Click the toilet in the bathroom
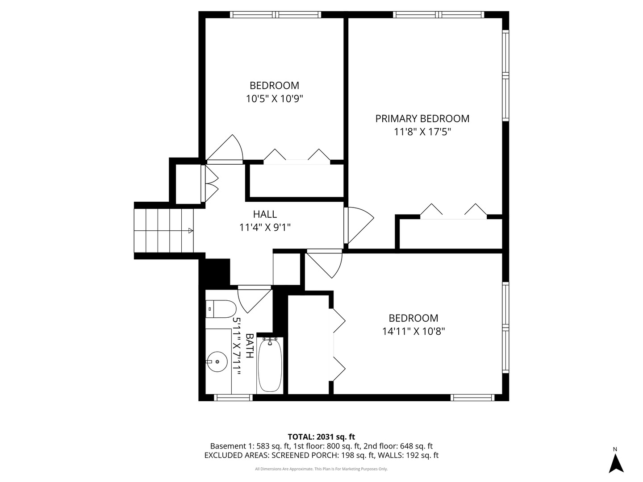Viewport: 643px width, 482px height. (x=221, y=309)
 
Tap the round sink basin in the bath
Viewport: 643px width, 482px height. (x=217, y=361)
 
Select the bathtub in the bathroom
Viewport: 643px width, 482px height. (x=270, y=365)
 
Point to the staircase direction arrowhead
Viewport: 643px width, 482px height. (x=191, y=231)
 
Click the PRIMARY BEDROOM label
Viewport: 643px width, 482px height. (x=422, y=119)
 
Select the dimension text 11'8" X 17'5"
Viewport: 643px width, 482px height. (x=422, y=132)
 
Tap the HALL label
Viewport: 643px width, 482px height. (x=265, y=214)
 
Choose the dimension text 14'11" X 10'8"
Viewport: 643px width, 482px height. (x=413, y=331)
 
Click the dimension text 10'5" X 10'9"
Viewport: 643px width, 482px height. (x=274, y=99)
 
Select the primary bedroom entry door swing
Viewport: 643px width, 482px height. (x=359, y=225)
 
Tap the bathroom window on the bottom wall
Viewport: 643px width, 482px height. (x=233, y=397)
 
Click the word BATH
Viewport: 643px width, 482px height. (x=250, y=345)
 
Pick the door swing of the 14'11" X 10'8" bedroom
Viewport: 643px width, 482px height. (x=323, y=263)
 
